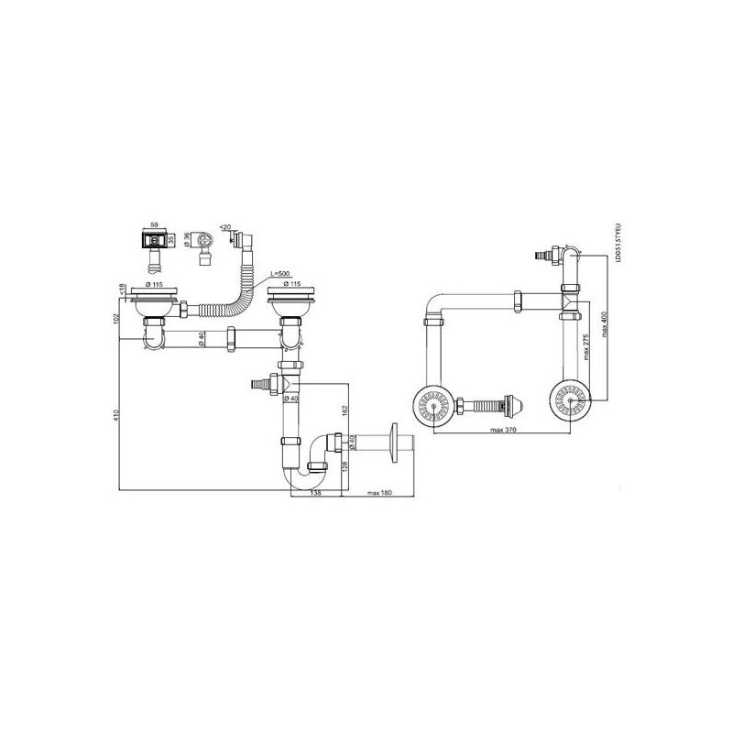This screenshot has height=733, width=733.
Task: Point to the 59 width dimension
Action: (x=155, y=224)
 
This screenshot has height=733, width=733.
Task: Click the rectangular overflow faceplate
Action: (x=154, y=240)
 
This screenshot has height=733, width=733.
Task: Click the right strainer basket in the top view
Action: (x=572, y=400)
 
